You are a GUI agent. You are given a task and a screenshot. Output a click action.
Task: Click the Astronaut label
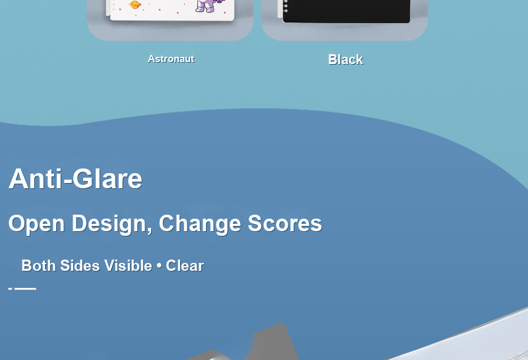click(171, 59)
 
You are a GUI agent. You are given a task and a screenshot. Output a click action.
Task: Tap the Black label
click(345, 59)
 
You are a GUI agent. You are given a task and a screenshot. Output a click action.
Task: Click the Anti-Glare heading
click(75, 178)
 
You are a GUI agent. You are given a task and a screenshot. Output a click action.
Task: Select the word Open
click(36, 224)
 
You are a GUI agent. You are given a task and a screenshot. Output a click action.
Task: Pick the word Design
click(110, 224)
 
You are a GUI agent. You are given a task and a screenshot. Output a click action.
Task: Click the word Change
click(200, 224)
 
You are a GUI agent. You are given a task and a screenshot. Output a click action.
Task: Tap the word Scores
click(285, 223)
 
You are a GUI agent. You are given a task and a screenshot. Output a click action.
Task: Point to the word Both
click(38, 266)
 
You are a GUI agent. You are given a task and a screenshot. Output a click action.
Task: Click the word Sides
click(80, 266)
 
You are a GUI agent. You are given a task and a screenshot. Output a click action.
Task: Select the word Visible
click(128, 266)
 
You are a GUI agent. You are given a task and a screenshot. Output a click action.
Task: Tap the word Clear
click(185, 266)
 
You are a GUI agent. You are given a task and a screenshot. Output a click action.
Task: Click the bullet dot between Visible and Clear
click(159, 266)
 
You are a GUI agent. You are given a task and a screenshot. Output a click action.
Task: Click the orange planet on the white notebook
click(135, 5)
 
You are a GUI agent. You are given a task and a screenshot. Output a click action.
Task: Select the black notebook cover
click(346, 11)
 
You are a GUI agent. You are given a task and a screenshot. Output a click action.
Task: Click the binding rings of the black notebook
click(286, 6)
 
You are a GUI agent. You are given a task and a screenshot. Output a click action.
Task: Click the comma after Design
click(150, 231)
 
